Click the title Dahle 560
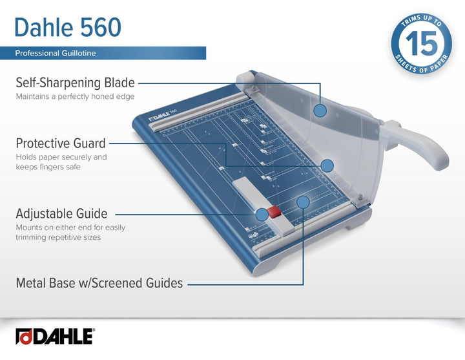67,26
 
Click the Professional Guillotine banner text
56,53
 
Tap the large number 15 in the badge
420,44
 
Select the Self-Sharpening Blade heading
75,83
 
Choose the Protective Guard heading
61,143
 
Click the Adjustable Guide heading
61,213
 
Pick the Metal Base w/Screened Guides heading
99,282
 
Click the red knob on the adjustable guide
275,212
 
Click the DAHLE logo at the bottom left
55,337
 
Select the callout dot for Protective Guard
327,165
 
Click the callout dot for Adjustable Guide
262,213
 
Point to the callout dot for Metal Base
303,202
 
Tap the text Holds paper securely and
61,157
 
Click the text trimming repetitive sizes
58,237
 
